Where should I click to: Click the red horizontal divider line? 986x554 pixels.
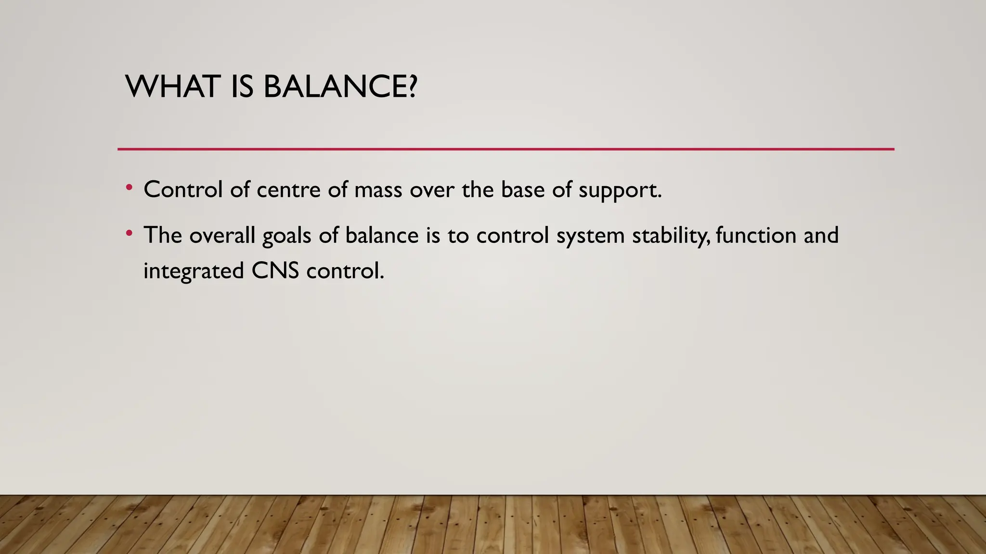click(506, 149)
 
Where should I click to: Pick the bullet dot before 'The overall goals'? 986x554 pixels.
click(129, 233)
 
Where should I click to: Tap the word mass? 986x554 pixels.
click(378, 189)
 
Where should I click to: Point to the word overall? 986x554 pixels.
click(222, 235)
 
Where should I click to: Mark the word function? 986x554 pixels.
click(755, 235)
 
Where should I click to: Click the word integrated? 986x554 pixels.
click(194, 271)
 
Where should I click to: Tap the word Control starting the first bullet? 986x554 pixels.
click(183, 189)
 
